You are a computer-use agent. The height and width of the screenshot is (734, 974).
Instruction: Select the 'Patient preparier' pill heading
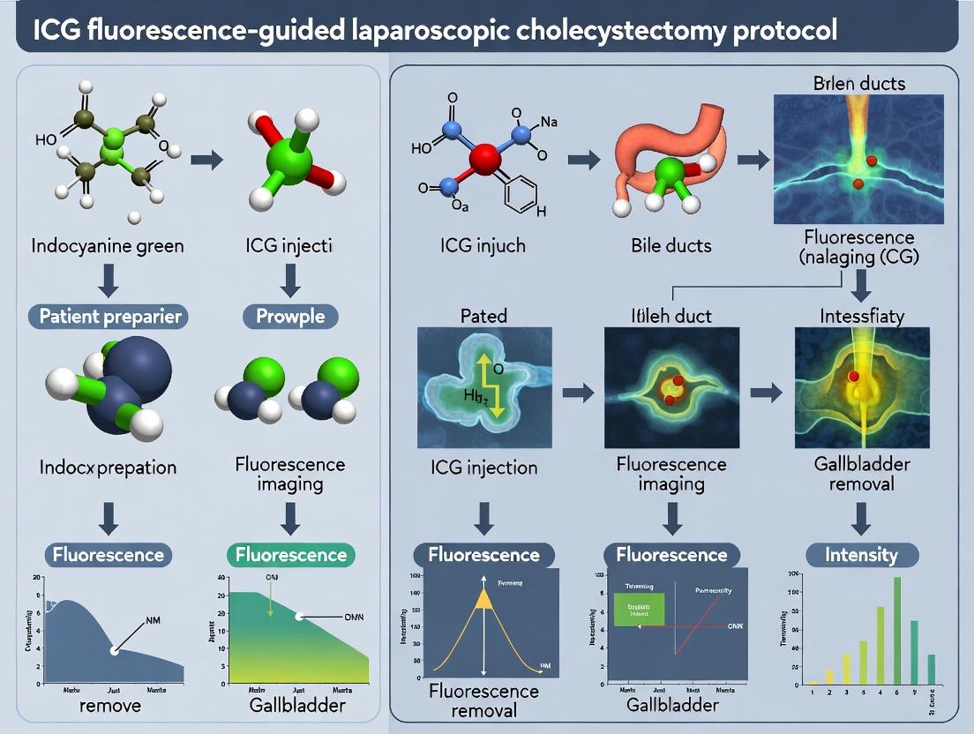pyautogui.click(x=111, y=316)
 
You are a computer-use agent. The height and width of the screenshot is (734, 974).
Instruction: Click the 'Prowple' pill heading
pyautogui.click(x=290, y=316)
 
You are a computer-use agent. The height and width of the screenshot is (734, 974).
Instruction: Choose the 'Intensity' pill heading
pyautogui.click(x=861, y=555)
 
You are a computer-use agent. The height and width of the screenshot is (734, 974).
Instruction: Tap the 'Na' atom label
pyautogui.click(x=548, y=122)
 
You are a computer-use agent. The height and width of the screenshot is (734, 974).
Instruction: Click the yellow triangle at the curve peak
pyautogui.click(x=483, y=599)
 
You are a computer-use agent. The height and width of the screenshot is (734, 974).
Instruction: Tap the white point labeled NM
pyautogui.click(x=114, y=650)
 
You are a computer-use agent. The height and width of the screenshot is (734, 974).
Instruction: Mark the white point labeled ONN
pyautogui.click(x=300, y=616)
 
